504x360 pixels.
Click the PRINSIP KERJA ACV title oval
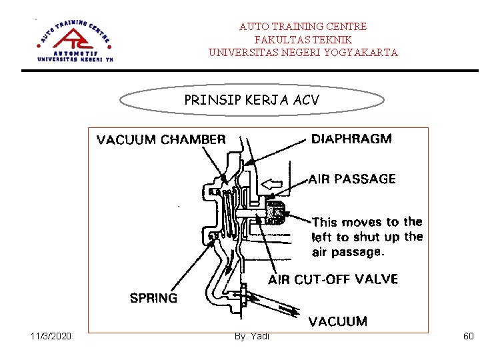coord(251,100)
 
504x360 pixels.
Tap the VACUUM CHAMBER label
coord(161,140)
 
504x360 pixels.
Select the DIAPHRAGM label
coord(351,139)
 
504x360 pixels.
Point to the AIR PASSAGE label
coord(352,179)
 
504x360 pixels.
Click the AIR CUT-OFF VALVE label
coord(333,279)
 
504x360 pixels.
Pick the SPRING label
coord(153,298)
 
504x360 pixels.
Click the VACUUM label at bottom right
coord(337,321)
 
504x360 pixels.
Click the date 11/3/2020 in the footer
coord(51,336)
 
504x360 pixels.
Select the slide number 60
coord(468,336)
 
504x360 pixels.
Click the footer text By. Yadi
coord(252,336)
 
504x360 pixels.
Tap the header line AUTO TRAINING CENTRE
coord(303,27)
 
